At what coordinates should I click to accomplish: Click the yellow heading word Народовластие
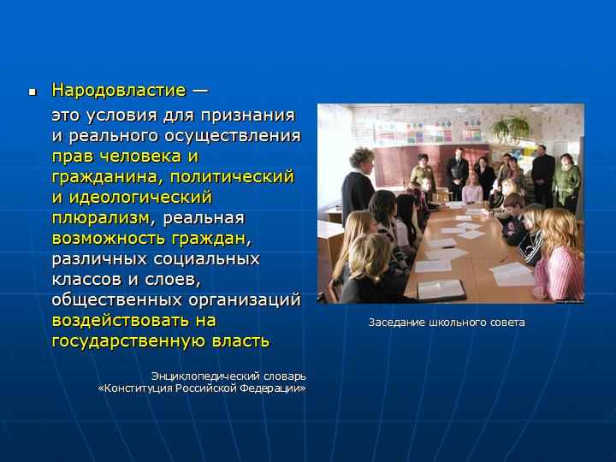tap(118, 91)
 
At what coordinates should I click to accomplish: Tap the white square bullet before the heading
tap(33, 92)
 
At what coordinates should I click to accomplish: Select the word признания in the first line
tap(248, 115)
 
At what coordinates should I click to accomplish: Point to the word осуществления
tap(233, 136)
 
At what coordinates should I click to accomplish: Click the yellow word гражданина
tap(104, 177)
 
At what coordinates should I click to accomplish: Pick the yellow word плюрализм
tap(101, 218)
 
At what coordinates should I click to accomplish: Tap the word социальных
tap(207, 259)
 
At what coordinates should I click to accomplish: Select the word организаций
tap(245, 300)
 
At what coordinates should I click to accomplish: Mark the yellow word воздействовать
tap(121, 321)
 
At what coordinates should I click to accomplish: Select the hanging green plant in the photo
tap(510, 127)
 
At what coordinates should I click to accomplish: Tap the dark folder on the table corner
tap(441, 291)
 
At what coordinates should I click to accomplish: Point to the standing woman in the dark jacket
tap(358, 185)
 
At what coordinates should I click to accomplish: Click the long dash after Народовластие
tap(199, 92)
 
